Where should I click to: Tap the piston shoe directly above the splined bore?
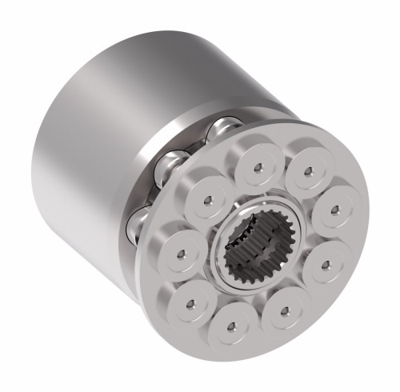tap(258, 167)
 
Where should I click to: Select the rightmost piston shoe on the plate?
tap(334, 210)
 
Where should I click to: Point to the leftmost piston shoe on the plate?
tap(180, 254)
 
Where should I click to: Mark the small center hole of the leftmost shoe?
tap(180, 254)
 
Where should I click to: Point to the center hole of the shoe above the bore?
tap(258, 167)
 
